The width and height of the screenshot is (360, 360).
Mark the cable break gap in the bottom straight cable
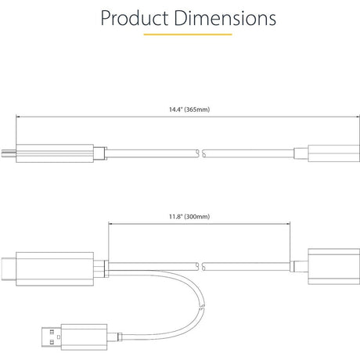pyautogui.click(x=201, y=265)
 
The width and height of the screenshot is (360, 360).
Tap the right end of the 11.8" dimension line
pyautogui.click(x=293, y=224)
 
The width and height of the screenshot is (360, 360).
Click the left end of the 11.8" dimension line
pyautogui.click(x=109, y=224)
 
